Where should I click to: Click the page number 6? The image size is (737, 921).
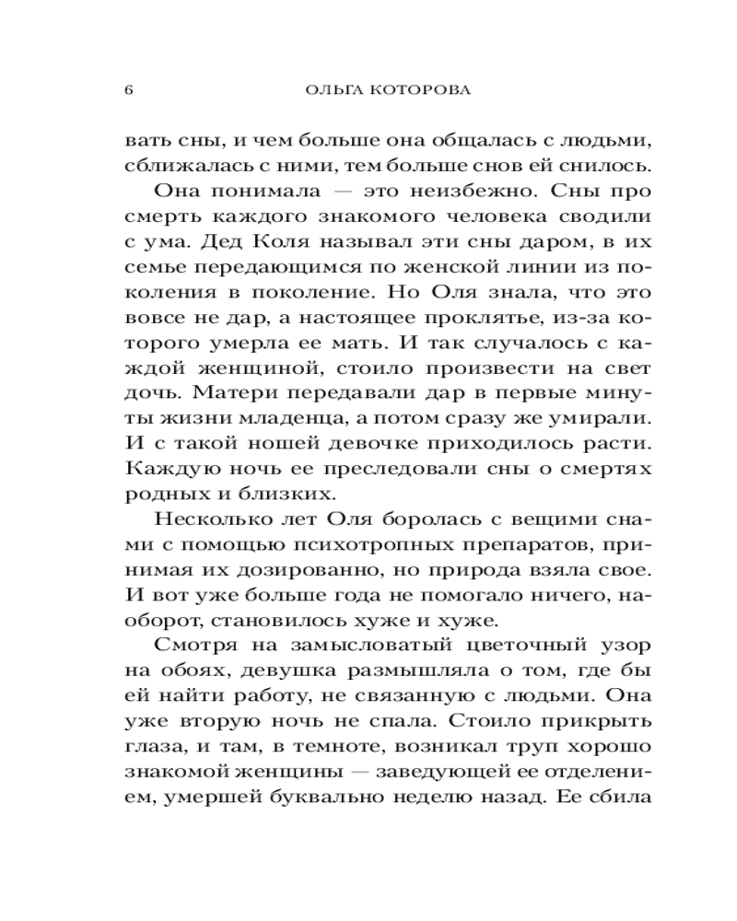click(x=128, y=91)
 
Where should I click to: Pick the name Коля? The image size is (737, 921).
click(x=267, y=244)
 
